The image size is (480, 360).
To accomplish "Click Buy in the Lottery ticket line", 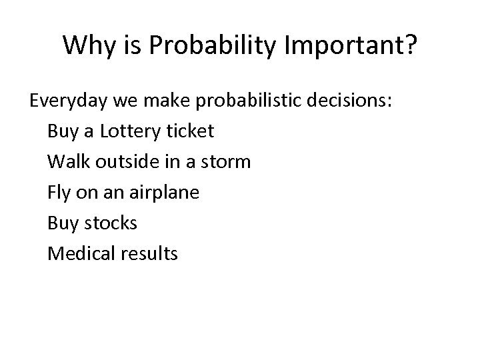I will coord(61,131).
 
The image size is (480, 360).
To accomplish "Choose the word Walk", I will coord(66,162).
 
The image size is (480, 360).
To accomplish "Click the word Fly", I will coord(59,193).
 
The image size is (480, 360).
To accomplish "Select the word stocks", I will coord(111,223).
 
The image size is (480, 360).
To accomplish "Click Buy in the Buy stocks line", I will coord(61,223).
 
